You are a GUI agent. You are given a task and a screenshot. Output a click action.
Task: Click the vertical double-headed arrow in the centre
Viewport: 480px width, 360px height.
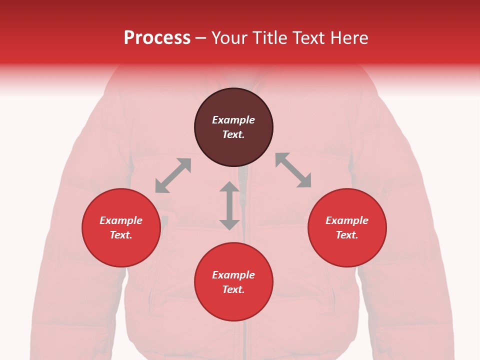(229, 205)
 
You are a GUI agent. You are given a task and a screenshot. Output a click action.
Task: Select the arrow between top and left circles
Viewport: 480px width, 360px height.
(173, 175)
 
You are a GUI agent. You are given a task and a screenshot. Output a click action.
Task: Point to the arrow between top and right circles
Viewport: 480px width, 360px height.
(293, 170)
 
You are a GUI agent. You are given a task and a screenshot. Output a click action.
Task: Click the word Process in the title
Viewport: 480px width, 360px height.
(157, 38)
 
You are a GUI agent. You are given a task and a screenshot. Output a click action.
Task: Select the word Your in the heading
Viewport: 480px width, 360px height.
(230, 38)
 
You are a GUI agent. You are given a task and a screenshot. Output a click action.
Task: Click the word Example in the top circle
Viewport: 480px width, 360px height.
(233, 120)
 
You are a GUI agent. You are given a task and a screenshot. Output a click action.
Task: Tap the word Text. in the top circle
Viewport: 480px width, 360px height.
(233, 134)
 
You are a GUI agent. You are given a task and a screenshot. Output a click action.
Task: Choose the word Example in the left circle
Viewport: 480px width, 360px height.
(121, 220)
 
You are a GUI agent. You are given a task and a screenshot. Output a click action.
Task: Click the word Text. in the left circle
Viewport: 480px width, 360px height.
(121, 235)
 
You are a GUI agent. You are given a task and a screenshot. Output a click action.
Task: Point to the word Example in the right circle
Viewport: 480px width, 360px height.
(347, 220)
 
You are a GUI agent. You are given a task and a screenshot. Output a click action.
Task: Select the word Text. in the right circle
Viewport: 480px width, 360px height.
(347, 235)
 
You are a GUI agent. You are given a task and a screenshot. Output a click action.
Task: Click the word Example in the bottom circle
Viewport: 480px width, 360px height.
(233, 275)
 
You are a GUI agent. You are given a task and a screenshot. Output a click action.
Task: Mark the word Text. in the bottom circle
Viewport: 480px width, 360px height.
(233, 289)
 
